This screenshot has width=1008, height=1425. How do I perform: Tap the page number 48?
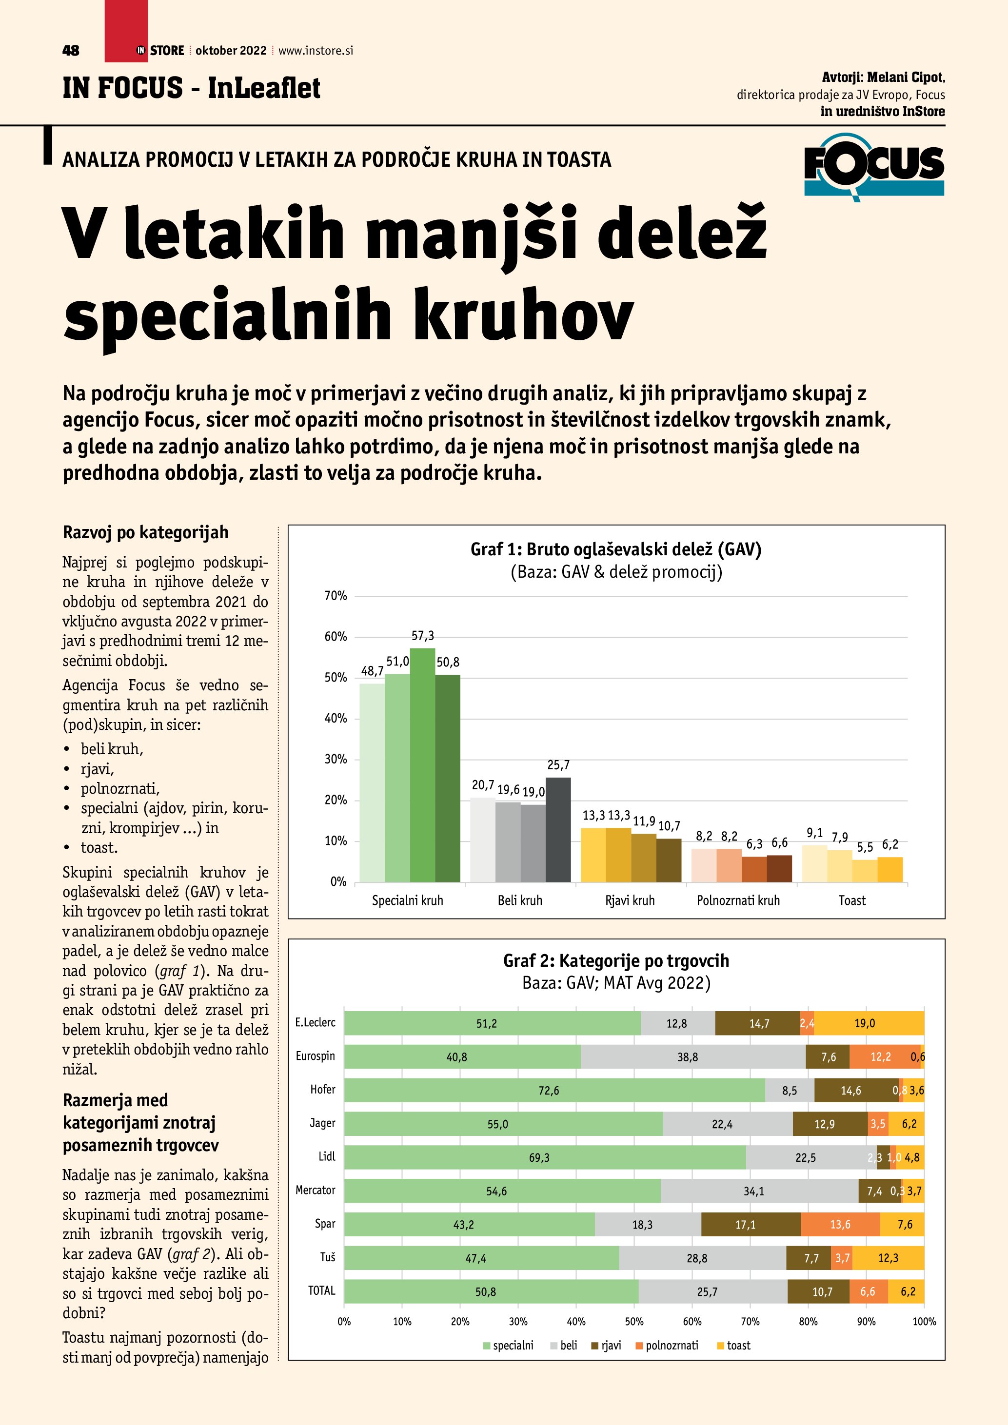71,50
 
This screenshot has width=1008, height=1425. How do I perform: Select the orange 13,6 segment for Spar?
840,1225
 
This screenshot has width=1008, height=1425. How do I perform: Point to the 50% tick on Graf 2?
634,1322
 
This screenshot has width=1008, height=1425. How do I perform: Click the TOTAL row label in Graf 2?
321,1291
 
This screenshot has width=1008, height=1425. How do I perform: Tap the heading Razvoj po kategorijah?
145,532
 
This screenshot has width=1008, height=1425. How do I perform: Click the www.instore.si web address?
316,51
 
